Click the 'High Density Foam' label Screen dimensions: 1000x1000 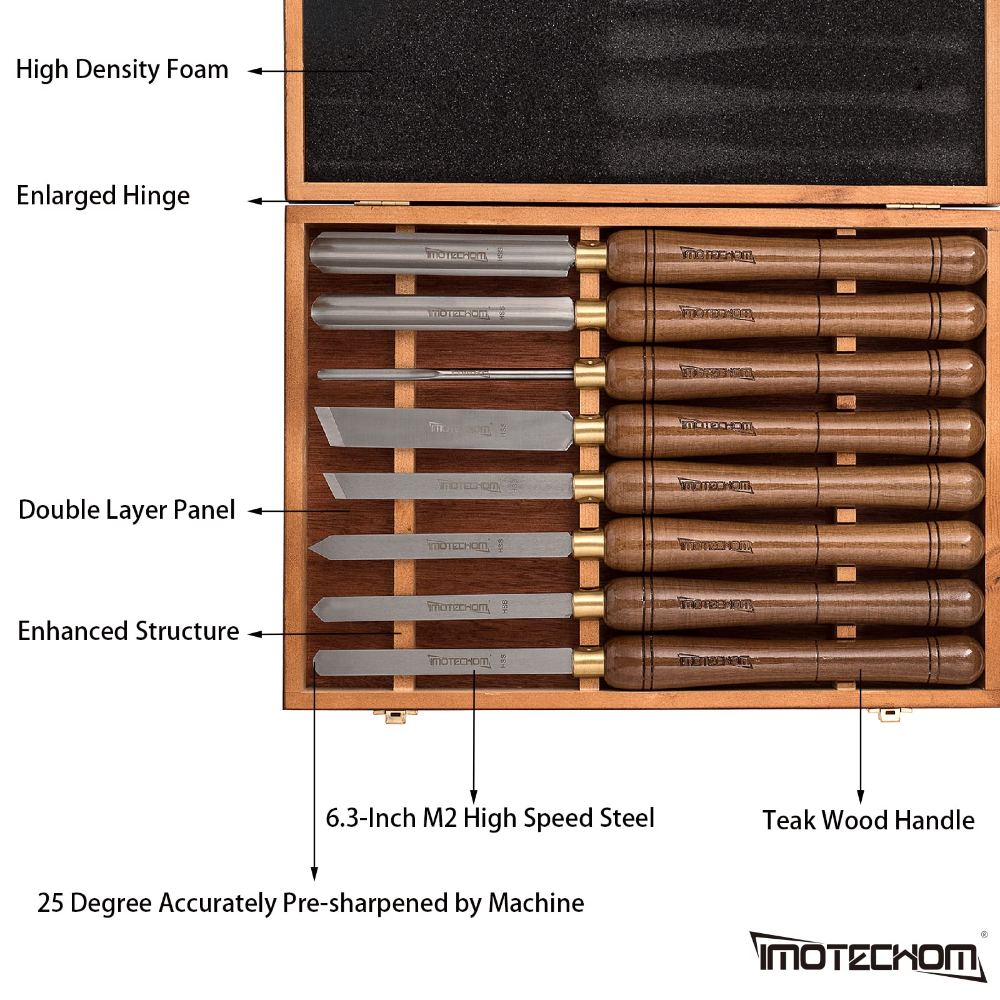[x=122, y=70]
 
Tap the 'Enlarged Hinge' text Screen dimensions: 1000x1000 [x=103, y=196]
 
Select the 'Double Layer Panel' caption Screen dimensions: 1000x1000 [x=127, y=510]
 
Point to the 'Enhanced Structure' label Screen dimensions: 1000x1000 [x=128, y=631]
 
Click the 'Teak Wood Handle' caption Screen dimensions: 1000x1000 [x=869, y=820]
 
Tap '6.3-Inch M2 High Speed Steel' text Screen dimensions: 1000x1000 [x=490, y=819]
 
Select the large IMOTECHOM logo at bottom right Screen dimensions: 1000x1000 [x=868, y=956]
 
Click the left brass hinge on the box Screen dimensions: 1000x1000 [x=382, y=203]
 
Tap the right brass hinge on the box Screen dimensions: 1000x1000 [x=913, y=206]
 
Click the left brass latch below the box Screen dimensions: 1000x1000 [x=395, y=716]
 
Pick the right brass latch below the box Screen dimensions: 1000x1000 [x=889, y=714]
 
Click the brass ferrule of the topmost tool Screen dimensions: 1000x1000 [x=591, y=256]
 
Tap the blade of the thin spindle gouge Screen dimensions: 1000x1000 [x=445, y=374]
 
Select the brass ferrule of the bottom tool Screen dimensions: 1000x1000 [x=588, y=662]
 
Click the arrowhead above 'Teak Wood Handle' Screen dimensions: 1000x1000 [x=861, y=797]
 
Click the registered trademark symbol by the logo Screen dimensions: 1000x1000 [x=984, y=935]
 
